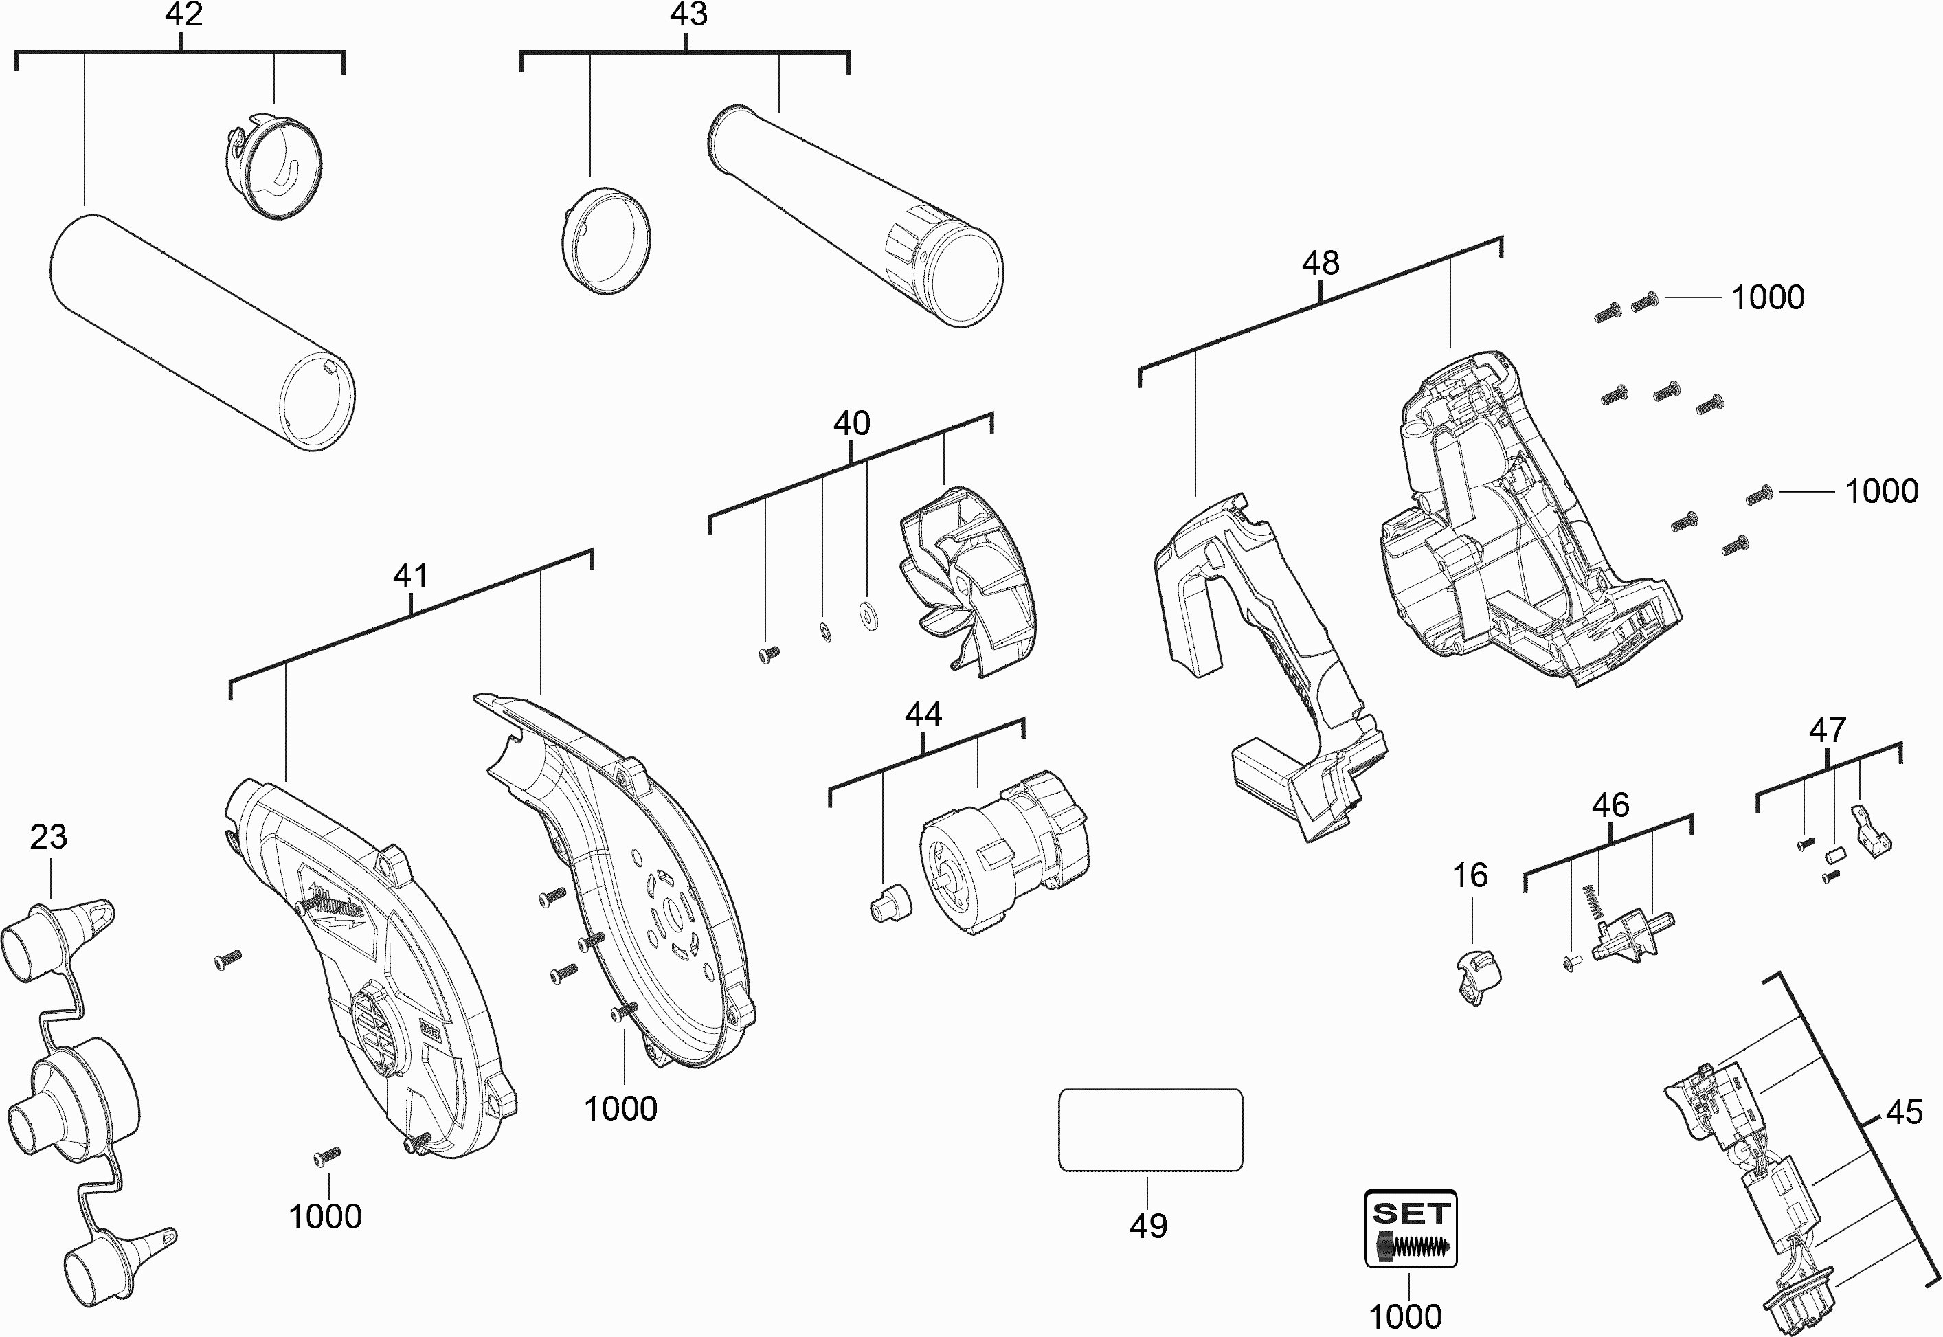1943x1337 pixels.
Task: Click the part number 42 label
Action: coord(183,15)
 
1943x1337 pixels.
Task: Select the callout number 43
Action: coord(688,15)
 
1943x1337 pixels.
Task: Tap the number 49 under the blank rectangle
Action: coord(1147,1226)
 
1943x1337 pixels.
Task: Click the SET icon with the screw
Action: coord(1411,1228)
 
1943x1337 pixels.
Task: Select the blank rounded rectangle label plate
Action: coord(1151,1130)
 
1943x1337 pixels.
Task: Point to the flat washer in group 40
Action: coord(868,614)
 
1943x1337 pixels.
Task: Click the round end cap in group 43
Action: coord(605,240)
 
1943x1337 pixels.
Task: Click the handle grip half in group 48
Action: coord(1265,662)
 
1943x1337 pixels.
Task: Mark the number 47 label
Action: coord(1828,730)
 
